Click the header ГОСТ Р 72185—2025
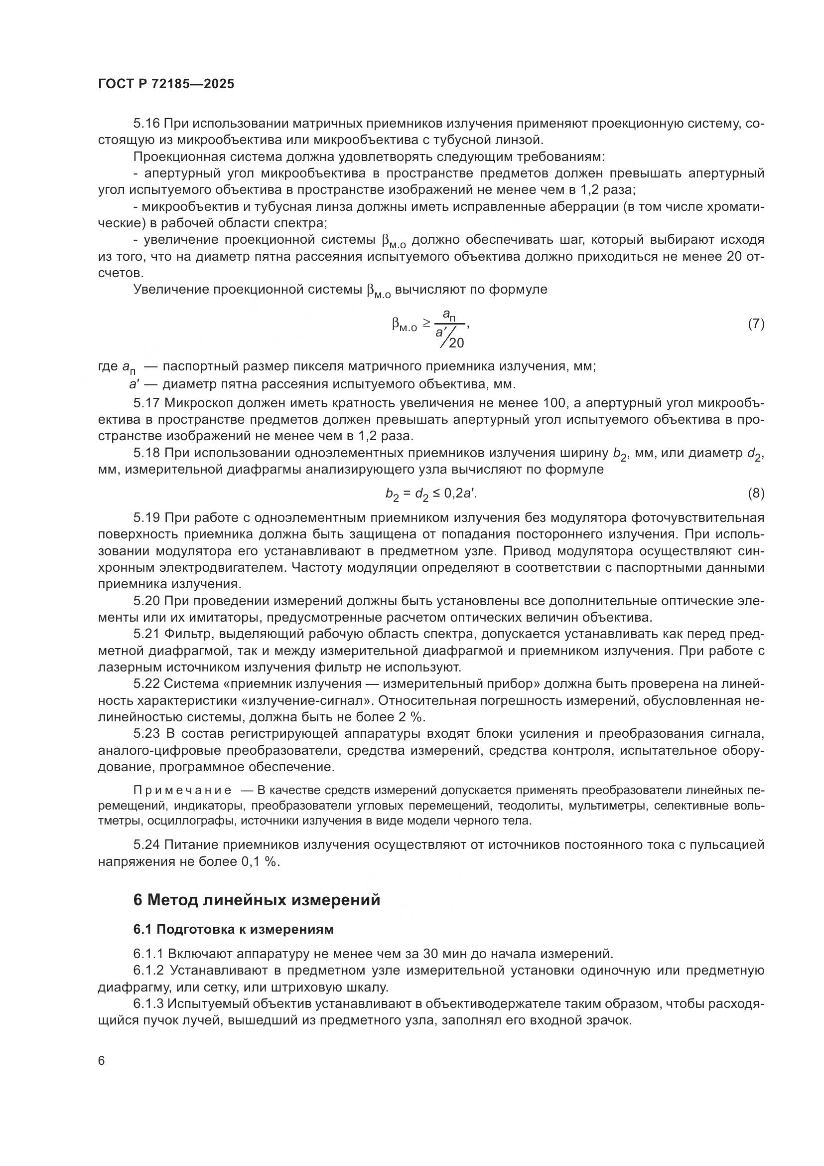[x=166, y=84]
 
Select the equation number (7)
[x=756, y=324]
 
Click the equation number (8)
[x=756, y=493]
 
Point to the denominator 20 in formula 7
[x=456, y=343]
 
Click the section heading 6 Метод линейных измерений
[x=257, y=900]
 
